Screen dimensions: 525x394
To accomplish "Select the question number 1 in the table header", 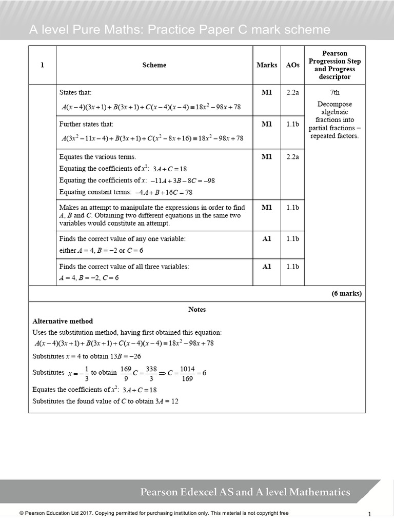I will click(x=42, y=65).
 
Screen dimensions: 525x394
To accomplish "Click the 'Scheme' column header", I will click(x=154, y=65).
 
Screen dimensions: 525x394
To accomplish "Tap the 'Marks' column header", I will click(x=267, y=65).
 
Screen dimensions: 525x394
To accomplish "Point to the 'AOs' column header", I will click(x=292, y=65).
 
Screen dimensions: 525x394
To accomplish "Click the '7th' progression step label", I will click(x=334, y=93).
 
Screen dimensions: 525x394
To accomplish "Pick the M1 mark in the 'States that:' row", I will click(x=267, y=93).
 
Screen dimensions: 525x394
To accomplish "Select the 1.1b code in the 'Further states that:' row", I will click(x=292, y=125).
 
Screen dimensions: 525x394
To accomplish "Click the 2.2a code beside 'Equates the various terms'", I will click(x=292, y=157).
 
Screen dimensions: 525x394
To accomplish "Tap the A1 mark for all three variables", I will click(x=267, y=267).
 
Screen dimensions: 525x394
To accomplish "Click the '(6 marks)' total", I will click(x=347, y=294).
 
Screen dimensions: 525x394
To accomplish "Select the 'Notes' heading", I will click(x=197, y=310).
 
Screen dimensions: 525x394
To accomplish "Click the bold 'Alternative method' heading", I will click(x=63, y=321).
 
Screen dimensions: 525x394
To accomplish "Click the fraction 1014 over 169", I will click(x=187, y=373).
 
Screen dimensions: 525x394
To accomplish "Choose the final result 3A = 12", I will click(x=167, y=401).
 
